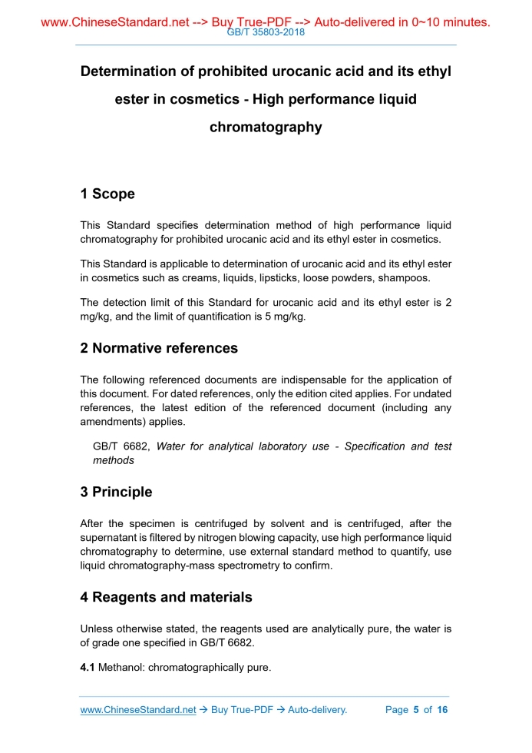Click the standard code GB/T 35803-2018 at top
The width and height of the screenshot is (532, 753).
point(266,33)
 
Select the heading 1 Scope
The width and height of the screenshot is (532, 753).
point(107,194)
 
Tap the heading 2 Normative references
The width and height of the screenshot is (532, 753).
point(159,348)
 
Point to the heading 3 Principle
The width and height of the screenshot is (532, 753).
point(116,492)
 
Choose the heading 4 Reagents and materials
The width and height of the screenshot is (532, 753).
point(166,597)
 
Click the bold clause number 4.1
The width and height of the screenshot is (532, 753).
point(88,668)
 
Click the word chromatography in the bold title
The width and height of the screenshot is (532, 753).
point(266,128)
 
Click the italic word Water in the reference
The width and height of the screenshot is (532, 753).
point(170,446)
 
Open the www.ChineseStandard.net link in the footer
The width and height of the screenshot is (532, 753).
point(138,710)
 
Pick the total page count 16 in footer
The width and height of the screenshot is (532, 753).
point(442,710)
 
